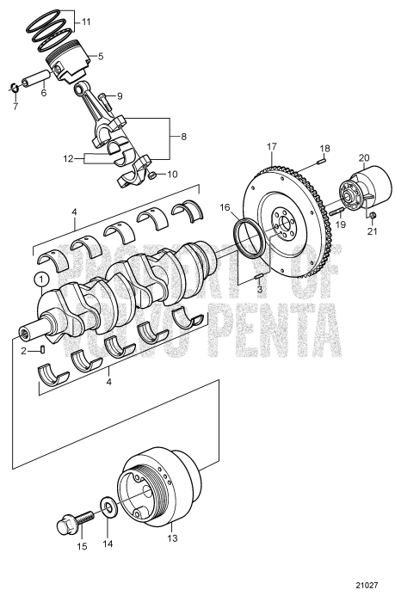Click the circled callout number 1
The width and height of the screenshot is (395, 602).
[40, 279]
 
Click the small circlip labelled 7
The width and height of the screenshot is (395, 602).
[15, 89]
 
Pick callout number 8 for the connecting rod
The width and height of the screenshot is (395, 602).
[182, 135]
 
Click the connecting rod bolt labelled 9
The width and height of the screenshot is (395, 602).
[105, 97]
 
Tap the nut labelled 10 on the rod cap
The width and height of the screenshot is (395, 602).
[151, 175]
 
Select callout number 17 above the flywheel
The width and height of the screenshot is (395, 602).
[273, 147]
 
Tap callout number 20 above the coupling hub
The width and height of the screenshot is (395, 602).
[363, 157]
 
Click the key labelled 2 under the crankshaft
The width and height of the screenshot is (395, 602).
[43, 348]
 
